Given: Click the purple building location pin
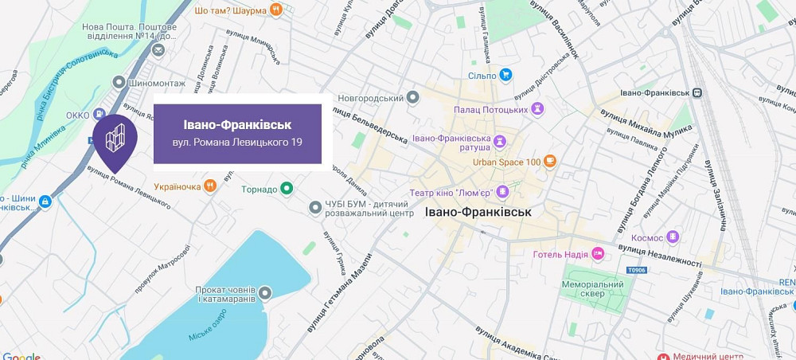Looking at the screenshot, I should [x=115, y=140].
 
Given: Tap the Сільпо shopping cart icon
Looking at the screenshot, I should [x=505, y=76].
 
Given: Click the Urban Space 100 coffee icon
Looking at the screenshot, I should [x=549, y=162].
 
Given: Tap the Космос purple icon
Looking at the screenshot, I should [x=673, y=237].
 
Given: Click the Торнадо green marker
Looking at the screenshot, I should [x=287, y=190].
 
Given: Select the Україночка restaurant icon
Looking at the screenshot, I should [x=209, y=186].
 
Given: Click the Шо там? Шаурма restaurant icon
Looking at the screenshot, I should [x=276, y=10].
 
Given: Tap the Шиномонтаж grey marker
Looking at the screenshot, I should [x=119, y=83].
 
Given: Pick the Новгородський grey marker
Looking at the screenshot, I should [x=412, y=98].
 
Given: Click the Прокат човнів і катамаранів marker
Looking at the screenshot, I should [x=265, y=293].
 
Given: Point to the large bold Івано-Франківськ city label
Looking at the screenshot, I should [x=478, y=213].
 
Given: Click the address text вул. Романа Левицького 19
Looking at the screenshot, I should [x=237, y=143].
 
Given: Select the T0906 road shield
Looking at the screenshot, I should [x=636, y=271].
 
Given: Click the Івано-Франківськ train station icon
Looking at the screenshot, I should [x=697, y=92].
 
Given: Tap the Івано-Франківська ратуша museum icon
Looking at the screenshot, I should [x=500, y=142].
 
